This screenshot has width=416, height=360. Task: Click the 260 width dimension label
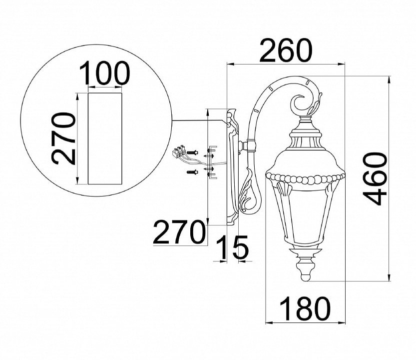285,50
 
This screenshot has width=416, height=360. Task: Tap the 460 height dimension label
375,178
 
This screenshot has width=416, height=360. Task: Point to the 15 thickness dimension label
232,247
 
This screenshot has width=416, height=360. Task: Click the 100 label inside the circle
105,73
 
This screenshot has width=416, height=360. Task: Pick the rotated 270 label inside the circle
63,138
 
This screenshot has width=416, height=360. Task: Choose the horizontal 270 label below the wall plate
179,232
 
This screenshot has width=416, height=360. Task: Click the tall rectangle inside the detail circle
105,138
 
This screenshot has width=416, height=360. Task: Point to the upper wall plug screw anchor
193,152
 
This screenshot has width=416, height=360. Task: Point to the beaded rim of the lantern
306,177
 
